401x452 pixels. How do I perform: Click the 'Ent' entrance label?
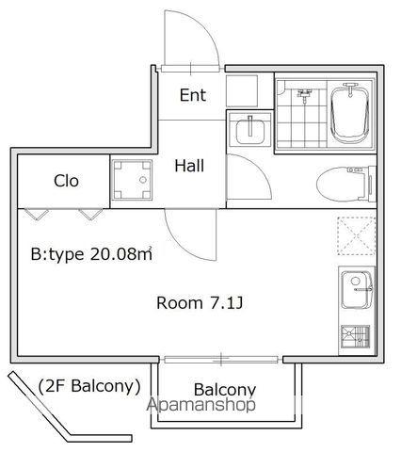(193, 95)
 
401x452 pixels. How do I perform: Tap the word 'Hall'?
(189, 166)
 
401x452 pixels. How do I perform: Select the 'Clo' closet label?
(66, 181)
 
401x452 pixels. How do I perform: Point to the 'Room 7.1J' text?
(200, 303)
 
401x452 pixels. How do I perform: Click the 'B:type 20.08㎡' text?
(91, 253)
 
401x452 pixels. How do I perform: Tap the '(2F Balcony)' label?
(89, 386)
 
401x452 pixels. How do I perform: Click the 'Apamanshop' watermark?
(201, 405)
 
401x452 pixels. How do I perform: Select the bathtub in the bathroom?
(350, 114)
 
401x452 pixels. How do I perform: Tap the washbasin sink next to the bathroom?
(249, 130)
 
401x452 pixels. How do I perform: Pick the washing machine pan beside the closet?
(132, 180)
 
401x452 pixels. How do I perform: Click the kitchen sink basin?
(357, 290)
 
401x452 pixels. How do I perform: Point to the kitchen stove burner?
(356, 336)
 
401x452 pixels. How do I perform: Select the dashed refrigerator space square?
(357, 235)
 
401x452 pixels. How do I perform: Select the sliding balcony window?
(221, 360)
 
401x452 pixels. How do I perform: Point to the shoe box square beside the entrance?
(242, 90)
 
